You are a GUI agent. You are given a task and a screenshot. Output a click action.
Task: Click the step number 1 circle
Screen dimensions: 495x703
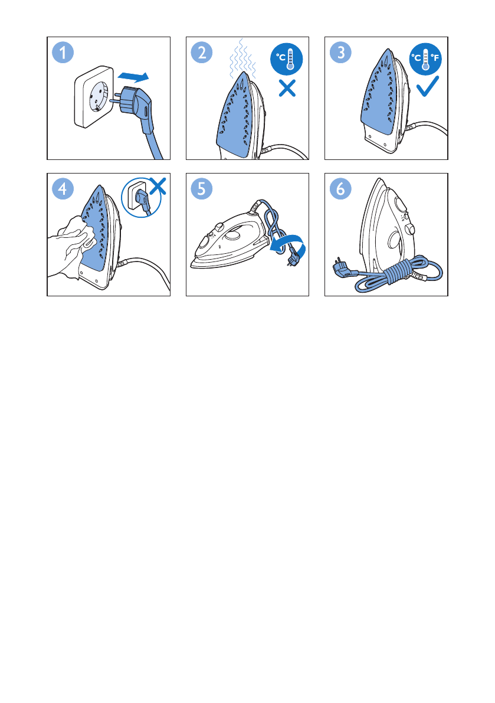[63, 53]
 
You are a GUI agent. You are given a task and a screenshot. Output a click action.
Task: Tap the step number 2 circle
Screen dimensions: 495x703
[202, 53]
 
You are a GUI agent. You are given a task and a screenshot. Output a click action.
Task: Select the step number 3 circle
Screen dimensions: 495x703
[340, 53]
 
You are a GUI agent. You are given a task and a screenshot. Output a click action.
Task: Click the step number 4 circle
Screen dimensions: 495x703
[63, 189]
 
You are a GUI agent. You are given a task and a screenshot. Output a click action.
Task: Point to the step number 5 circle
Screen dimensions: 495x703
[202, 189]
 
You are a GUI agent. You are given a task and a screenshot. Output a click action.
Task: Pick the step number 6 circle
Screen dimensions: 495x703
[340, 189]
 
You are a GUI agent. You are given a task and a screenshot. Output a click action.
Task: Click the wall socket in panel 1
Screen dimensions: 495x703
[93, 96]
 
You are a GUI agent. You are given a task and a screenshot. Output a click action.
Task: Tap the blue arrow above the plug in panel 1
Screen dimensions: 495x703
[133, 76]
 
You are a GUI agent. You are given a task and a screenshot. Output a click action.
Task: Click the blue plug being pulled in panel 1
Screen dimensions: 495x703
[137, 107]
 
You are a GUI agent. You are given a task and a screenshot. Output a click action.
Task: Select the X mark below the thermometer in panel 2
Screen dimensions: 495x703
[287, 88]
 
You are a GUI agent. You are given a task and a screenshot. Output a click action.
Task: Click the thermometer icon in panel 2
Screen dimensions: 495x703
[286, 59]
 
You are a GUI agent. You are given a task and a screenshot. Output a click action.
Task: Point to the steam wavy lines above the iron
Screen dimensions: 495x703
[242, 58]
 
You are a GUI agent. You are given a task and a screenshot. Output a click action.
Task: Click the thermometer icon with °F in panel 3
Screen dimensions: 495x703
[425, 59]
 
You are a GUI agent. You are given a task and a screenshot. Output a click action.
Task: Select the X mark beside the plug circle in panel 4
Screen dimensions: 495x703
[158, 186]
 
